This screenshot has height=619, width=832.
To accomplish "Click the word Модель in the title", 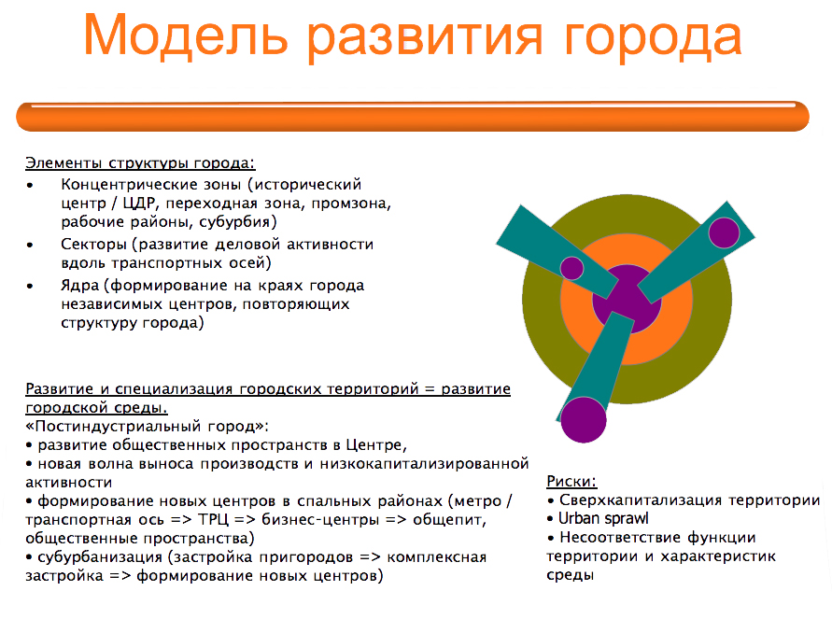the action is tap(186, 36).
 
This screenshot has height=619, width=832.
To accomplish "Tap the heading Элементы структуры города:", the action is tap(141, 163).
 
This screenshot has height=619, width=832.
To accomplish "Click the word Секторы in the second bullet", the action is tap(94, 245).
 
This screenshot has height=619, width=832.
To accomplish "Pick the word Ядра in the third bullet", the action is tap(80, 286).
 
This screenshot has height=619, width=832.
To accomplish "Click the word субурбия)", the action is tap(238, 221).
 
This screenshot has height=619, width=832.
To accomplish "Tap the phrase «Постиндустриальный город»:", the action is tap(147, 427).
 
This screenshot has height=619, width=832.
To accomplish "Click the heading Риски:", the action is tap(571, 482).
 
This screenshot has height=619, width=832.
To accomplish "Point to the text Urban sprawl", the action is tap(604, 518).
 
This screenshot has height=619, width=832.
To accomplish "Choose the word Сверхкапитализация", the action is tap(641, 500).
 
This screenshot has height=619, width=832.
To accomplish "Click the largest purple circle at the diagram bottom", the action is tap(583, 419).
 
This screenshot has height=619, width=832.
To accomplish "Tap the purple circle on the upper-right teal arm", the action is tap(724, 232).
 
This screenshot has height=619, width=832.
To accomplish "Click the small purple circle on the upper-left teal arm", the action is tap(572, 268).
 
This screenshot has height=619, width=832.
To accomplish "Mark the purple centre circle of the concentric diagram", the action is tap(627, 299).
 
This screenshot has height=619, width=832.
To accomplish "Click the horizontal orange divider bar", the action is tap(413, 116).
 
